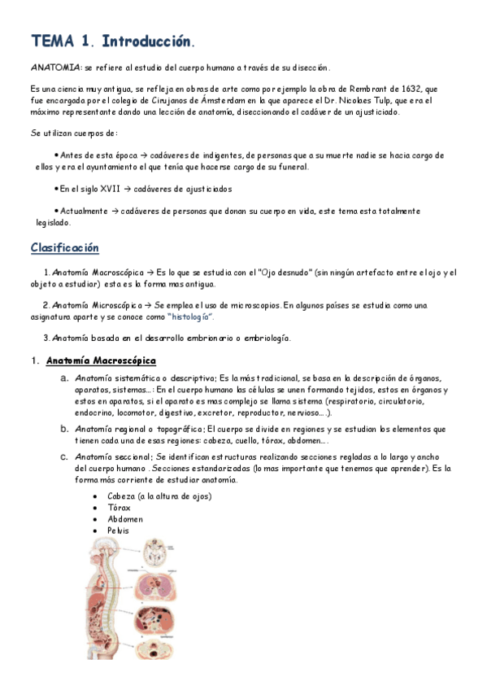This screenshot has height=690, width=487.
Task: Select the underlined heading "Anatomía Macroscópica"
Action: pyautogui.click(x=101, y=360)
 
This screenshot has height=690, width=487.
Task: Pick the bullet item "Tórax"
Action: pyautogui.click(x=119, y=508)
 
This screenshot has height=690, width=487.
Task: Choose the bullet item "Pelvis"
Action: pyautogui.click(x=118, y=531)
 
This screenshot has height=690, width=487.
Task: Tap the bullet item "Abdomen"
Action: pyautogui.click(x=124, y=519)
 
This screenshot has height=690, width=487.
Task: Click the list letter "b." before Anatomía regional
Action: pyautogui.click(x=63, y=428)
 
